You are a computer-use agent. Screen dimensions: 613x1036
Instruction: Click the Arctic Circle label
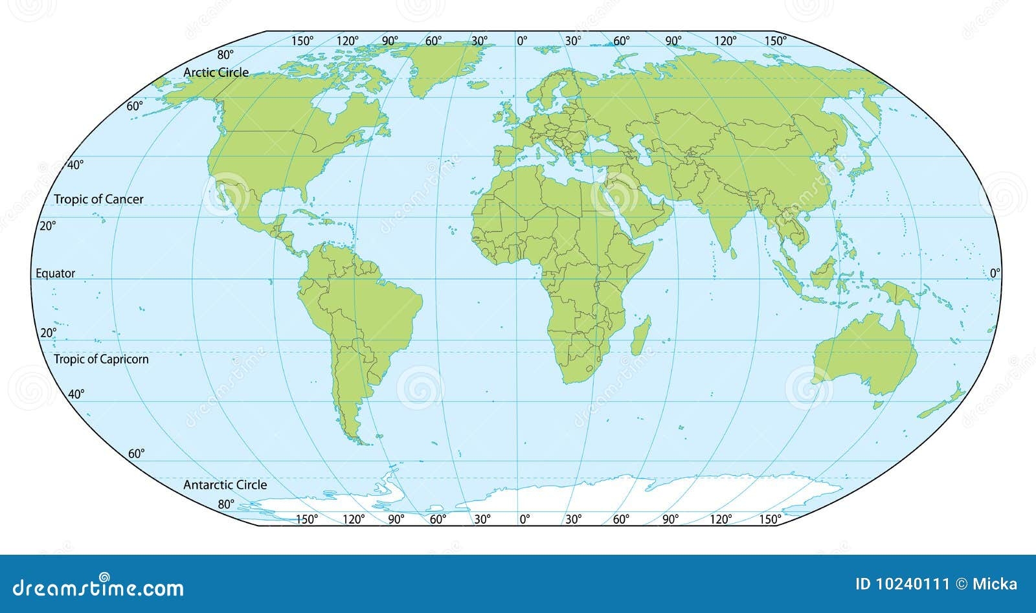coord(216,72)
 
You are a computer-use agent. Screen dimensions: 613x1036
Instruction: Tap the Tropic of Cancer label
coord(98,199)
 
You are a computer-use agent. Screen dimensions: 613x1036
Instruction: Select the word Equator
coord(56,274)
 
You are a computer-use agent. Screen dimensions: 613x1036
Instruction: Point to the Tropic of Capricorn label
coord(101,359)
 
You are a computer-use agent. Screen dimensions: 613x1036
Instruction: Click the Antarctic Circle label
coord(225,485)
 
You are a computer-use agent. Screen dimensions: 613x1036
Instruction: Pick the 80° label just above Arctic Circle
coord(225,55)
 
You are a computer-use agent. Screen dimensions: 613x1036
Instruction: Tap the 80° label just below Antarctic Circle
coord(225,504)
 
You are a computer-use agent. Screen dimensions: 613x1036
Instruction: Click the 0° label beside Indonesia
coord(995,273)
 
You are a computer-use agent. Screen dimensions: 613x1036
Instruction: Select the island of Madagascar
coord(640,335)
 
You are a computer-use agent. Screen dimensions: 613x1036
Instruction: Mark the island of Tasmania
coord(879,405)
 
